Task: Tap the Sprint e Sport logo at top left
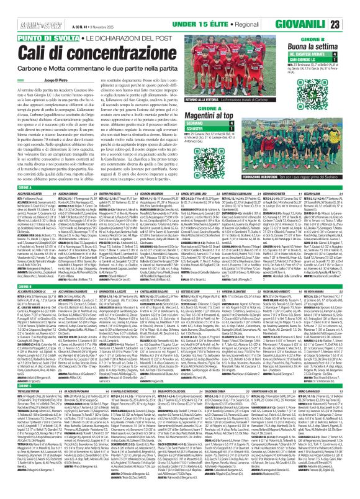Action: pos(19,7)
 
